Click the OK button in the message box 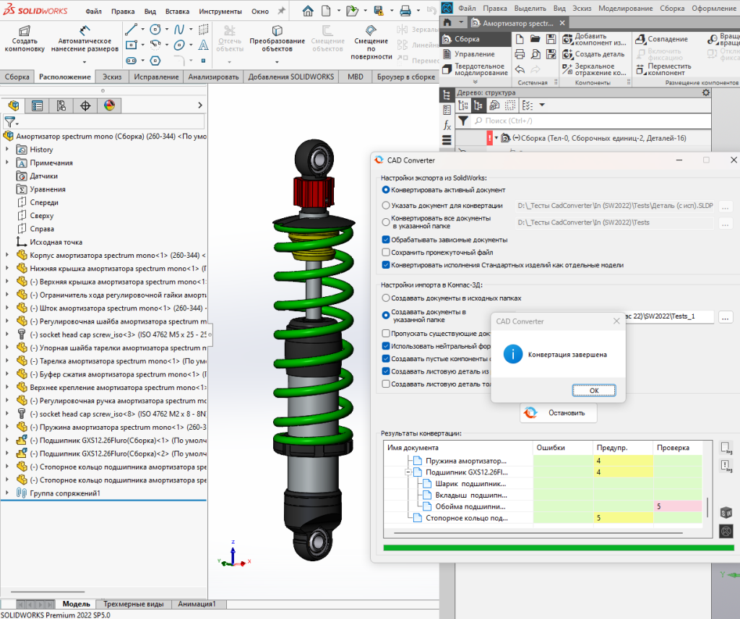tap(593, 390)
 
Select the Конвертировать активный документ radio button tap(386, 190)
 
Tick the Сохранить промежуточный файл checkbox tap(386, 252)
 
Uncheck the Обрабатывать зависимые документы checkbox tap(386, 239)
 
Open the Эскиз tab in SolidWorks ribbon tap(112, 77)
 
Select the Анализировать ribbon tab tap(213, 77)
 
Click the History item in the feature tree tap(41, 150)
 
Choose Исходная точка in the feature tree tap(56, 242)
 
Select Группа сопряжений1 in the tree tap(64, 493)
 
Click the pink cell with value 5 tap(677, 506)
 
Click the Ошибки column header tap(551, 447)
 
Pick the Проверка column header tap(673, 447)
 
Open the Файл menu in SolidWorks tap(93, 12)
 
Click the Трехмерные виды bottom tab tap(133, 604)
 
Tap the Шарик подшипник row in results tap(466, 483)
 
